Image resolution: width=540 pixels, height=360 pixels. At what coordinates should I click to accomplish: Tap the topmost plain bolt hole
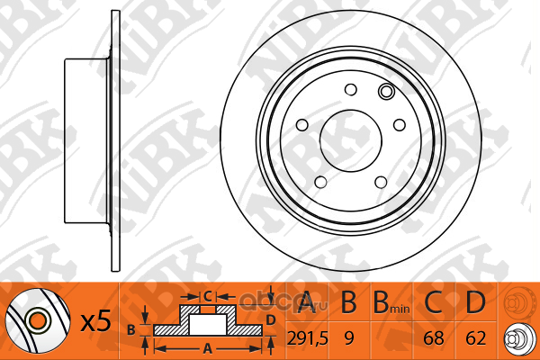pos(351,90)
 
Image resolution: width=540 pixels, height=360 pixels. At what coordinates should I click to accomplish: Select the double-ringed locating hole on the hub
pos(386,91)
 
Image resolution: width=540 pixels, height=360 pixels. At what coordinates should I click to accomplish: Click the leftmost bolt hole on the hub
pos(302,125)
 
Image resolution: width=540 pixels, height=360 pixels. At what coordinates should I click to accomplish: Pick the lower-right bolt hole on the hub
pos(381,182)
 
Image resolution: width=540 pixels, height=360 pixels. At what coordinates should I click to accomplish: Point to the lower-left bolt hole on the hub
pos(320,182)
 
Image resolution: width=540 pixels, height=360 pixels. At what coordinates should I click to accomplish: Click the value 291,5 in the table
pos(308,338)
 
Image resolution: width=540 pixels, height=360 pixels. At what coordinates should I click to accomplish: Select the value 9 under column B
pos(349,338)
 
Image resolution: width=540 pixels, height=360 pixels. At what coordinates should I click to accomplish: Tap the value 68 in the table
pos(434,338)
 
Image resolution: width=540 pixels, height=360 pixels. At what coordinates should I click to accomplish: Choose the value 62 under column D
pos(475,338)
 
